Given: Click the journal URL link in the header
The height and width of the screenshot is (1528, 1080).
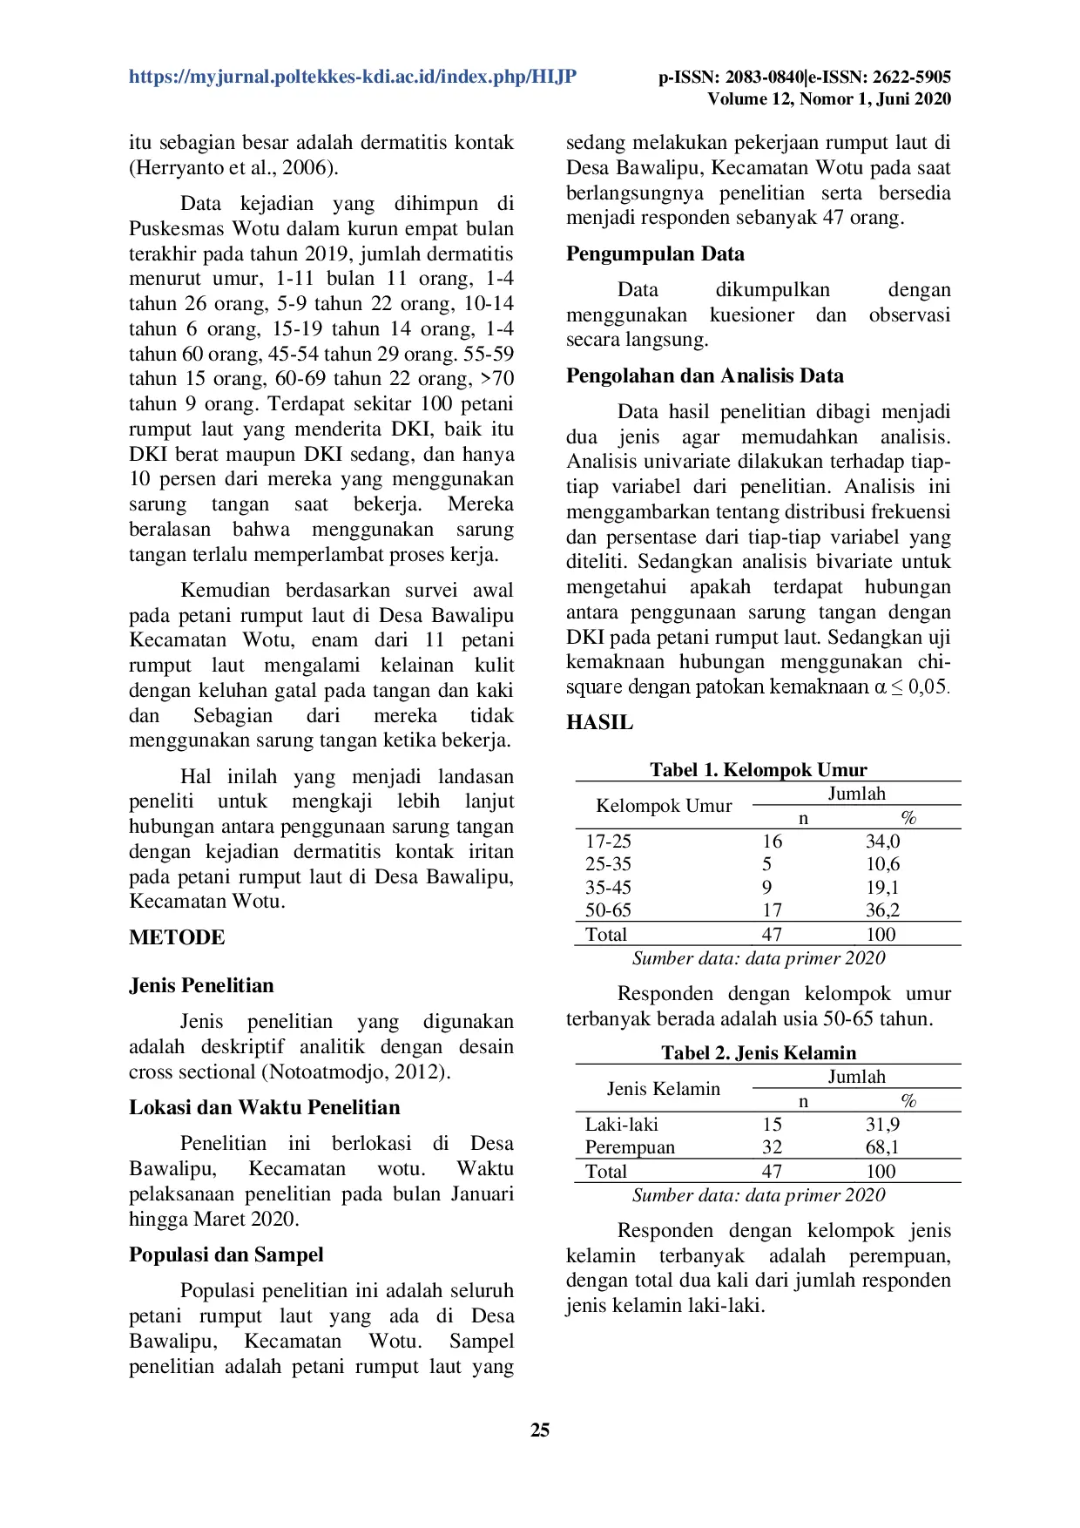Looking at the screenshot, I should point(352,77).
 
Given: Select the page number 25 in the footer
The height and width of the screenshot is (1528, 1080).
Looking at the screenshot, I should point(540,1430).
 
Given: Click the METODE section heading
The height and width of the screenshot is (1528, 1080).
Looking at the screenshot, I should point(177,937).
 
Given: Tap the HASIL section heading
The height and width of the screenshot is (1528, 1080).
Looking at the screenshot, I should point(599,722).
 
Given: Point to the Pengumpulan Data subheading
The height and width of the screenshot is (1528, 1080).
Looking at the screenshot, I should point(655,254).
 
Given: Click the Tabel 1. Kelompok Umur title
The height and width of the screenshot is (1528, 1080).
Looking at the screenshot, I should point(758,769).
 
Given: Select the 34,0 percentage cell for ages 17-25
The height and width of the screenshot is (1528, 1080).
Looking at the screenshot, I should point(882,842).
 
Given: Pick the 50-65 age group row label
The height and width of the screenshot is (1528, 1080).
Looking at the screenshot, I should point(608,910).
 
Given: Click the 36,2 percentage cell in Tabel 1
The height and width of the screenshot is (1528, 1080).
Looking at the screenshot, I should point(882,910).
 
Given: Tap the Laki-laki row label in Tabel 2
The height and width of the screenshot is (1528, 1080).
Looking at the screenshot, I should point(621,1125).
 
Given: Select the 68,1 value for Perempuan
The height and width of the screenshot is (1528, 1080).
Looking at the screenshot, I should point(882,1147).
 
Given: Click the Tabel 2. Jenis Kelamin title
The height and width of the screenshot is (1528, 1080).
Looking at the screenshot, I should point(758,1052).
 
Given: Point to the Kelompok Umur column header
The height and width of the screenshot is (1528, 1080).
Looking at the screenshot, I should point(664,806).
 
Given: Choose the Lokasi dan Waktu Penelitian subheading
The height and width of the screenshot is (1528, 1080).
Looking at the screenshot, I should point(265,1107).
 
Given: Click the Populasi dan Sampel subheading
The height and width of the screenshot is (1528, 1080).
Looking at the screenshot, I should point(226,1254).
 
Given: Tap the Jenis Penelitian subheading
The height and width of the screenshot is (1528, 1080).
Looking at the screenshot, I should point(201,985).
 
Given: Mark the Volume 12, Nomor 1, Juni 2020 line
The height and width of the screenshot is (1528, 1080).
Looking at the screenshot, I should point(828,99).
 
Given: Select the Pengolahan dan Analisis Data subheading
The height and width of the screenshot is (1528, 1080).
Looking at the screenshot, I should point(705,375).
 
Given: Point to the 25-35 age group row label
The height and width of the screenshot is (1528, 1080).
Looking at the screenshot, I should point(608,864).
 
